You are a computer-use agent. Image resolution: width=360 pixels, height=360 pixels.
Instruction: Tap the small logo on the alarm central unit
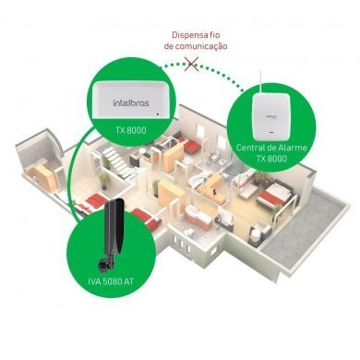point(274,118)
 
